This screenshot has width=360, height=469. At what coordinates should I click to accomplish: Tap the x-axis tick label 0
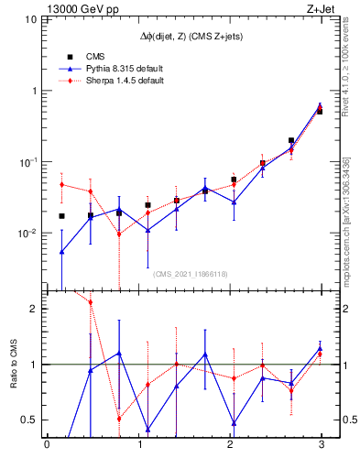(47, 446)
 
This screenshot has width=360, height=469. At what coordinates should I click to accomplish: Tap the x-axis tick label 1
(138, 446)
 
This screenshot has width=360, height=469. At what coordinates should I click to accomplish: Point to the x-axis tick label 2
(229, 446)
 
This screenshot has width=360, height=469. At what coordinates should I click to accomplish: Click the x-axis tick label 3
(321, 446)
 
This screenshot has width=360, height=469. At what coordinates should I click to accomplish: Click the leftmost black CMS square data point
(61, 216)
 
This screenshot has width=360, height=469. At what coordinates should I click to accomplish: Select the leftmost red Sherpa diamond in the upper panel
(61, 184)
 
